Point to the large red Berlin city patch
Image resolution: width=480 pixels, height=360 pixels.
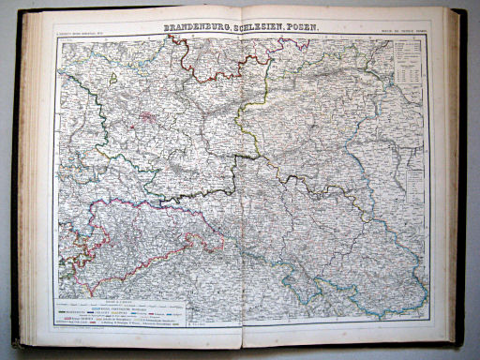coord(148,119)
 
